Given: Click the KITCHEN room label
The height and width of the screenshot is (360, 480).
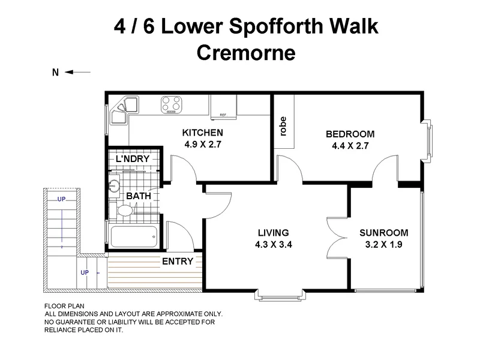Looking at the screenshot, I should click(203, 133).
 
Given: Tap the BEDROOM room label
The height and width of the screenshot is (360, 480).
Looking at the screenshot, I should click(350, 134).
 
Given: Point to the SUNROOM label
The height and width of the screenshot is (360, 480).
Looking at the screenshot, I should click(384, 233).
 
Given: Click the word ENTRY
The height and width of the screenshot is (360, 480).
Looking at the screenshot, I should click(178, 261).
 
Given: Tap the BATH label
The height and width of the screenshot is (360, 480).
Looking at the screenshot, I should click(139, 196).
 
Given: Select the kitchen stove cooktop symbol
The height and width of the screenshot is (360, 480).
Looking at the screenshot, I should click(172, 104).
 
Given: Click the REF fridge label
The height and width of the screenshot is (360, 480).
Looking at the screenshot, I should click(223, 115).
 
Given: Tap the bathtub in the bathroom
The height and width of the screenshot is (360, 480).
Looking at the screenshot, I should click(134, 238).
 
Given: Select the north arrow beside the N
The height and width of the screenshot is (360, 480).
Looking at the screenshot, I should click(78, 72).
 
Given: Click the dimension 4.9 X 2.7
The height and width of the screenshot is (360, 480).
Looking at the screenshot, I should click(203, 144).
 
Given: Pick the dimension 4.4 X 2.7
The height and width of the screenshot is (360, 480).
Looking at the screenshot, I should click(350, 145).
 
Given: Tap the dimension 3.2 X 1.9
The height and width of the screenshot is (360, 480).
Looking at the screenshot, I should click(384, 244).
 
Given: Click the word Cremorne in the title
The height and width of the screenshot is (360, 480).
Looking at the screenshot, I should click(246, 53).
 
